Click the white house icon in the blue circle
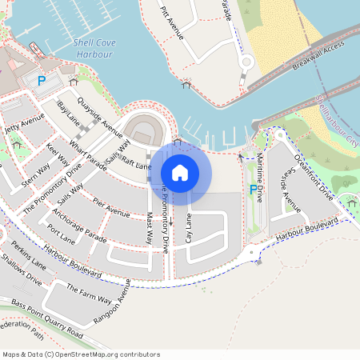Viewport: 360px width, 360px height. point(180,172)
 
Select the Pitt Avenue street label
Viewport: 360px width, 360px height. point(173,25)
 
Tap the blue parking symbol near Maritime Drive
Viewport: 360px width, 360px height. point(254,190)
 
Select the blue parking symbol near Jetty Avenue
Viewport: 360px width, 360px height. point(42,80)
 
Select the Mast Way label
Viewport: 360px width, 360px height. point(149,228)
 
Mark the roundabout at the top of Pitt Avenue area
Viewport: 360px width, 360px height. point(246,62)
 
